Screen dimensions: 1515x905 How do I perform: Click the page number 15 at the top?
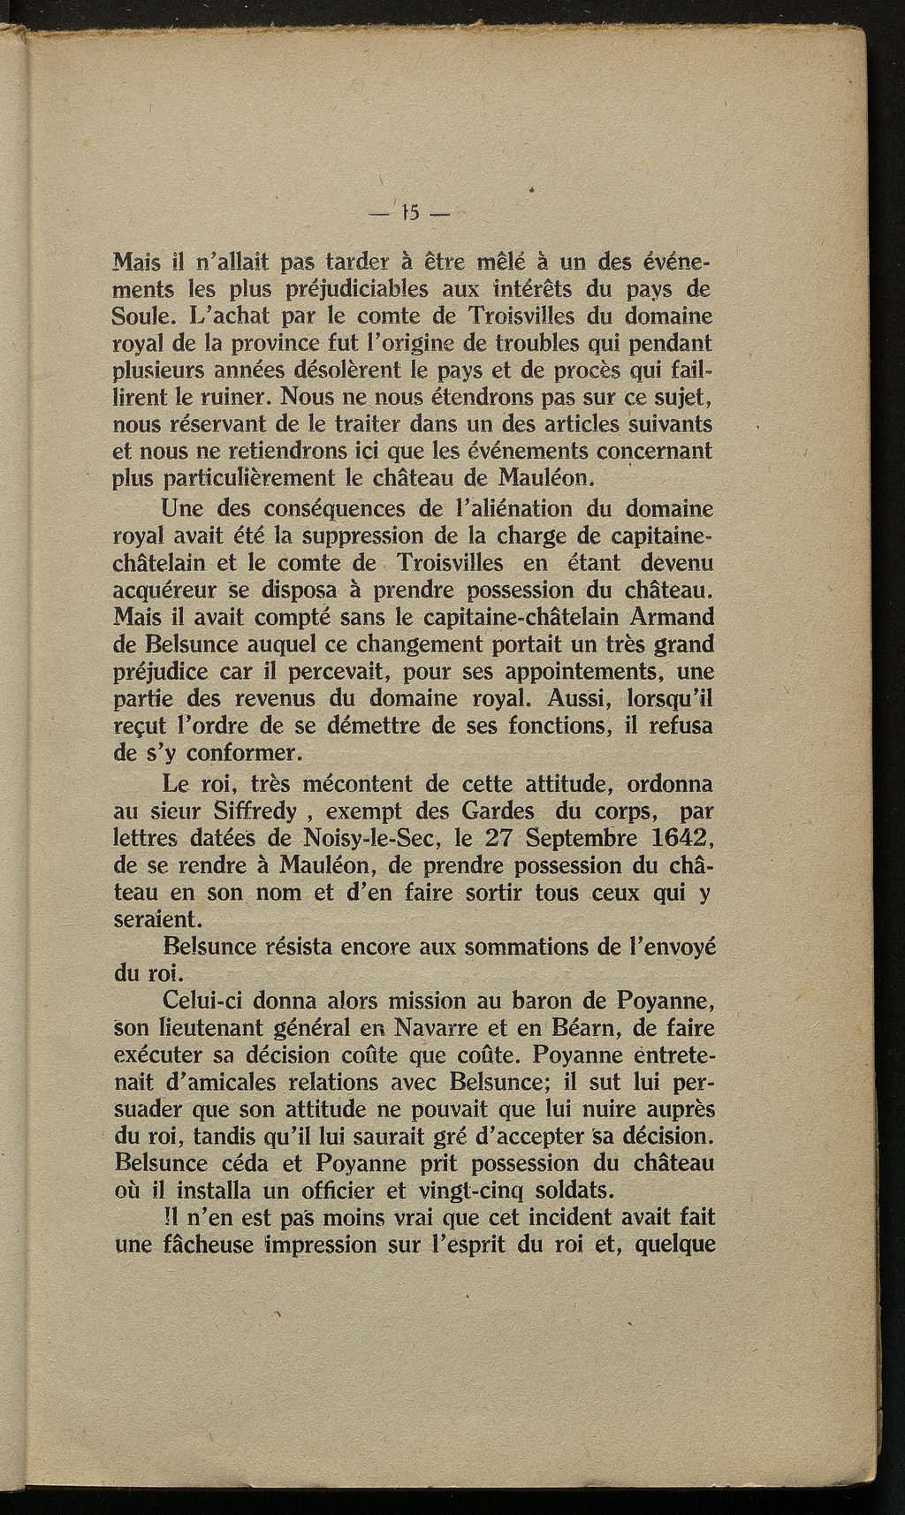click(x=412, y=213)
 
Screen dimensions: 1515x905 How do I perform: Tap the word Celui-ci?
click(x=202, y=1002)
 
